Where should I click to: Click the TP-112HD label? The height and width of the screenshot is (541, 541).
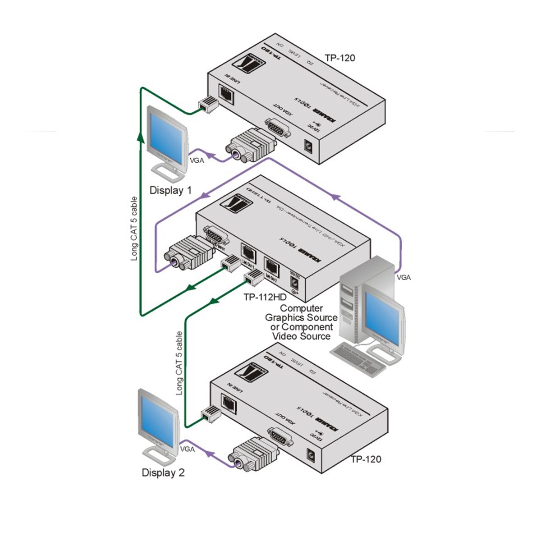265,297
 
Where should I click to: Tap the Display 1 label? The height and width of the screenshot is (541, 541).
170,190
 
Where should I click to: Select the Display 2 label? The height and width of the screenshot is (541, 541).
163,472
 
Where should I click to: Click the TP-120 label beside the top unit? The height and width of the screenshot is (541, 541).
339,58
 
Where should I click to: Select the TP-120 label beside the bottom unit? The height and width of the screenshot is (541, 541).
366,459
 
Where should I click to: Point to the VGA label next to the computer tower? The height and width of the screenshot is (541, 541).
403,277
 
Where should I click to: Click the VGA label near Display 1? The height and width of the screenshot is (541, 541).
197,160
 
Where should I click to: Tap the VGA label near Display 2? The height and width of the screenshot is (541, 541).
187,449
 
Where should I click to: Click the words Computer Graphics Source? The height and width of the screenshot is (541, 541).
302,313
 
